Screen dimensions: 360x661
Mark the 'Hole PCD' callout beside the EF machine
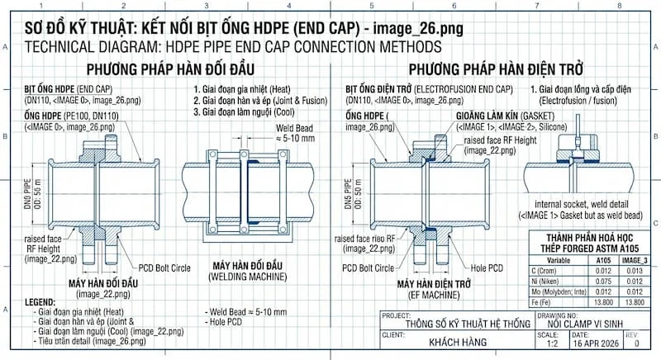click(x=487, y=268)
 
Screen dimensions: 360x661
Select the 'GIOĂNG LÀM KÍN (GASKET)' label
click(x=506, y=117)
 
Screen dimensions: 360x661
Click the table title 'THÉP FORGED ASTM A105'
click(x=583, y=249)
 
